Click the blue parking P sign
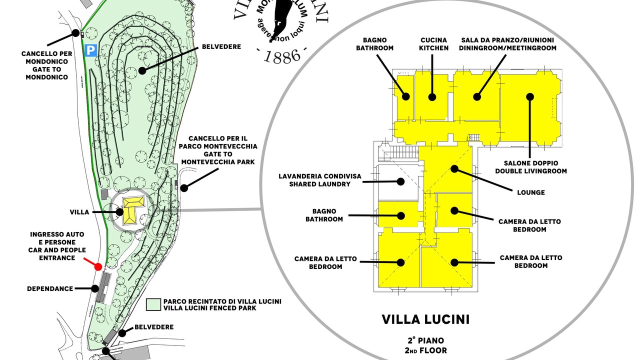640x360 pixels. tap(90, 50)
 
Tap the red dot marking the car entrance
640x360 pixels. tap(98, 266)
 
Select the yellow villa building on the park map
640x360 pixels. tap(132, 207)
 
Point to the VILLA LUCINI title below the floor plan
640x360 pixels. tap(425, 319)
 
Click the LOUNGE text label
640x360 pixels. tap(531, 192)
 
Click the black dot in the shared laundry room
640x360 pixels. tap(400, 182)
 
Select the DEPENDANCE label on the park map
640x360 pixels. tap(50, 288)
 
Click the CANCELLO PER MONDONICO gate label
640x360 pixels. tap(46, 65)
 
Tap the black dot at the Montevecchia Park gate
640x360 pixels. tap(184, 188)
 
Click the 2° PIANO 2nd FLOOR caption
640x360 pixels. tap(425, 345)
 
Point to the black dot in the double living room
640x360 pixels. tap(530, 96)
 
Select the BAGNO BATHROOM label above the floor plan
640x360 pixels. tap(378, 44)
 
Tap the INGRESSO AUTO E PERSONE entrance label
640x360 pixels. tap(58, 246)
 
